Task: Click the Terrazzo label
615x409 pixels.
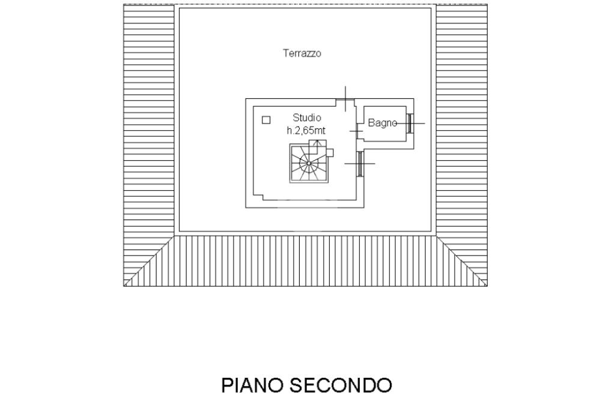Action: pyautogui.click(x=302, y=53)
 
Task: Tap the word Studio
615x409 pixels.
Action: pyautogui.click(x=307, y=118)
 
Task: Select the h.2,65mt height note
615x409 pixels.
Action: pyautogui.click(x=307, y=130)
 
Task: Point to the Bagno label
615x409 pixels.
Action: pyautogui.click(x=382, y=123)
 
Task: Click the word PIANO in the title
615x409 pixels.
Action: pyautogui.click(x=253, y=385)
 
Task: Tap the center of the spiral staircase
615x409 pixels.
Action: pyautogui.click(x=309, y=163)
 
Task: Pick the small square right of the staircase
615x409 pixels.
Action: pyautogui.click(x=330, y=152)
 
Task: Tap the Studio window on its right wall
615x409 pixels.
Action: pyautogui.click(x=360, y=163)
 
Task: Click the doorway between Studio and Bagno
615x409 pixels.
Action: pyautogui.click(x=359, y=130)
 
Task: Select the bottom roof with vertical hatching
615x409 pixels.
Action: pyautogui.click(x=305, y=260)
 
